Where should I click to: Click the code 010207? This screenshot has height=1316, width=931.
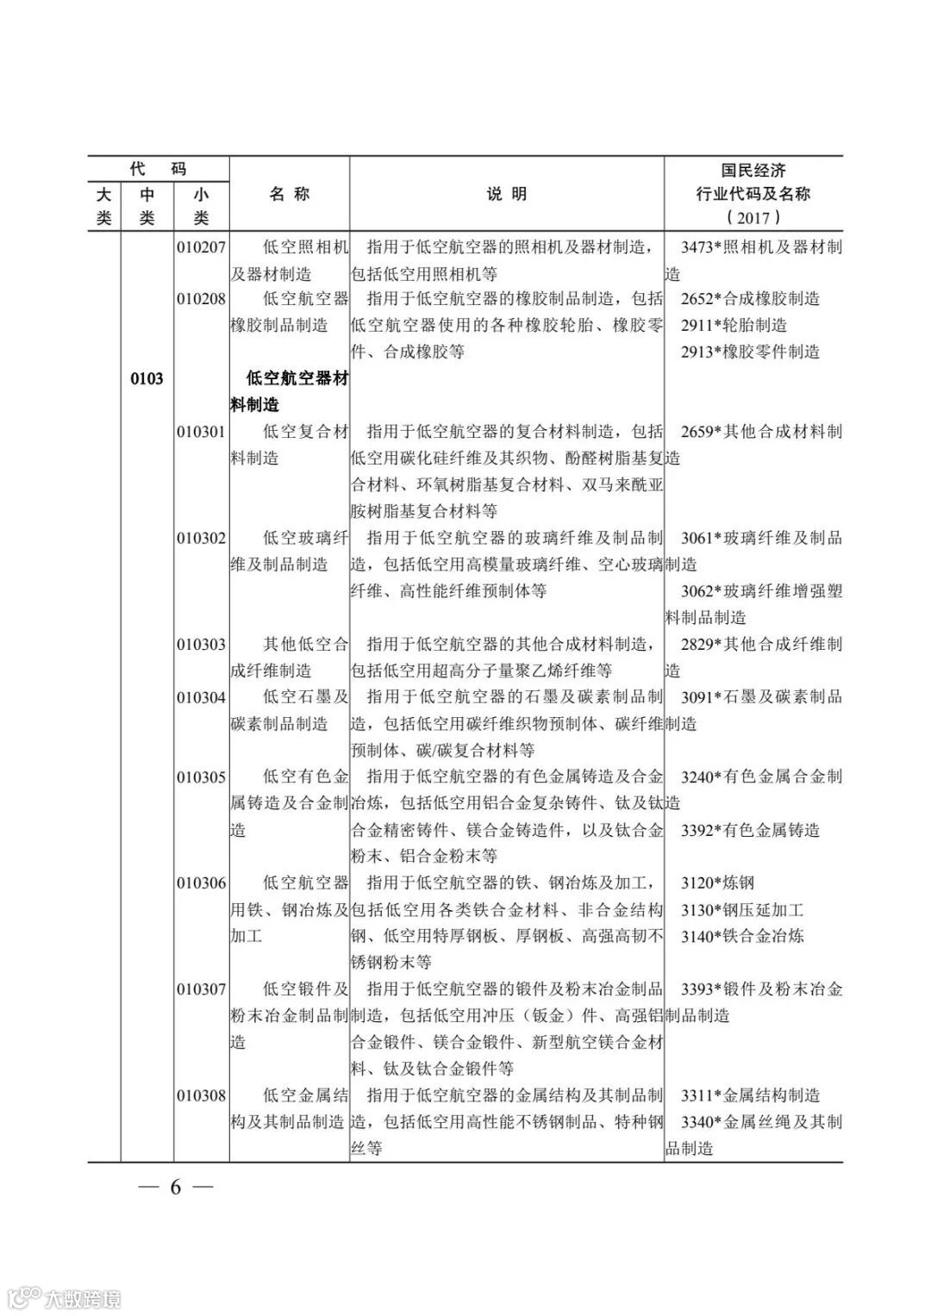[202, 247]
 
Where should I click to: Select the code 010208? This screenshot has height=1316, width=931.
[202, 299]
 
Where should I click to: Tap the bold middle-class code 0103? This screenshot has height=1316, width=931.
[147, 378]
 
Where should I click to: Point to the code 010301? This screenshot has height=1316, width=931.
[202, 432]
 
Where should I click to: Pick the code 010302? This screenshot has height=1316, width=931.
[202, 539]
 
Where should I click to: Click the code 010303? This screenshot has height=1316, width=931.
[202, 645]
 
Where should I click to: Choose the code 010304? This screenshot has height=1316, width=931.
[202, 697]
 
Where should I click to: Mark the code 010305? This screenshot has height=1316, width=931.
[202, 777]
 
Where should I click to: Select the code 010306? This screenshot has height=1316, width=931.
[202, 883]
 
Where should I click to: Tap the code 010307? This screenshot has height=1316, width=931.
[202, 989]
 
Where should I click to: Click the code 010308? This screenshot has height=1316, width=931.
[202, 1096]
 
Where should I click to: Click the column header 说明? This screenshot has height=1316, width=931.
[507, 195]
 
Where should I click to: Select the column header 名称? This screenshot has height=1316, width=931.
[289, 195]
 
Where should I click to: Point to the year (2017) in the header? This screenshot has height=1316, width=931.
[753, 217]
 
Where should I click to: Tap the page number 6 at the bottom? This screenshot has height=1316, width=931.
[176, 1187]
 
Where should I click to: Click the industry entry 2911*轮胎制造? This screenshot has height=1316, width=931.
[734, 325]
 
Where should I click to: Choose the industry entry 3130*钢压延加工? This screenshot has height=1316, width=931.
[741, 910]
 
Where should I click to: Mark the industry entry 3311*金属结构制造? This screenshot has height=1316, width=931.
[750, 1096]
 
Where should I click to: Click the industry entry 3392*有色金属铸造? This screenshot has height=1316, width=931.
[750, 831]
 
